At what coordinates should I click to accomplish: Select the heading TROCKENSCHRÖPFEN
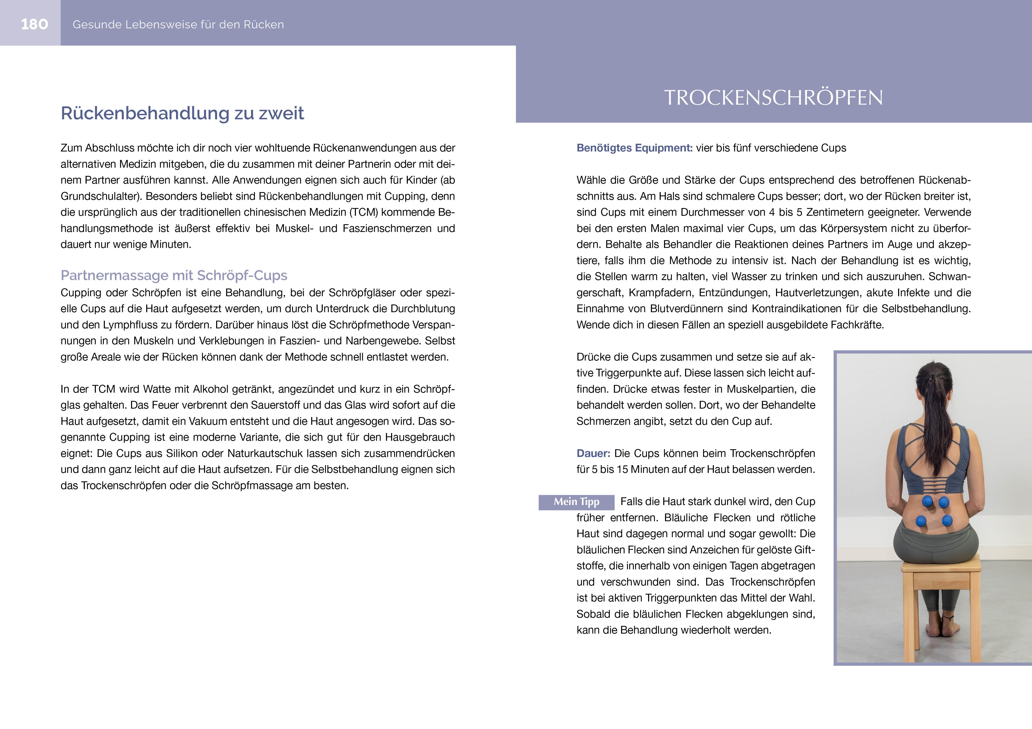773,98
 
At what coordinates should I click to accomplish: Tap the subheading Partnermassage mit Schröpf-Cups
174,275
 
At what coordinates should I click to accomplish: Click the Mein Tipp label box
576,502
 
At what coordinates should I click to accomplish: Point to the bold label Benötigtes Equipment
634,148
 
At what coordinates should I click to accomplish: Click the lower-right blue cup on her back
947,521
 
